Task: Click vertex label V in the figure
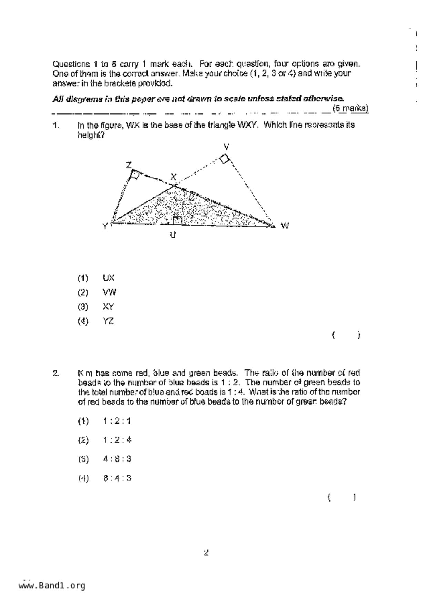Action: point(226,147)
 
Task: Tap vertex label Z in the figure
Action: point(129,165)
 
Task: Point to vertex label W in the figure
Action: point(285,226)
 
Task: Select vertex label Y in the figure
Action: point(105,227)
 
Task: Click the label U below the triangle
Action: point(173,235)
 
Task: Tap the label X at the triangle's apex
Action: point(173,177)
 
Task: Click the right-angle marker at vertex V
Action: point(225,159)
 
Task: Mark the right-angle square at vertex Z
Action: point(135,175)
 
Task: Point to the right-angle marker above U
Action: point(177,220)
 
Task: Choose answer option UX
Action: point(109,278)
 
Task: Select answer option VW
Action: point(110,292)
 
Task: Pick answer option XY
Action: point(108,307)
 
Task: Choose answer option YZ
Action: point(108,321)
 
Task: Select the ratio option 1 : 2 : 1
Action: point(117,421)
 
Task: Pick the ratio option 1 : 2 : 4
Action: point(117,440)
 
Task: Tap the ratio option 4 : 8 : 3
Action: point(117,459)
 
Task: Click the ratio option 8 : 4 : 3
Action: point(117,478)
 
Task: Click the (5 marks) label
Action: point(350,108)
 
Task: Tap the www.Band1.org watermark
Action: point(52,586)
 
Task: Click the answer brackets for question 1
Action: point(346,335)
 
